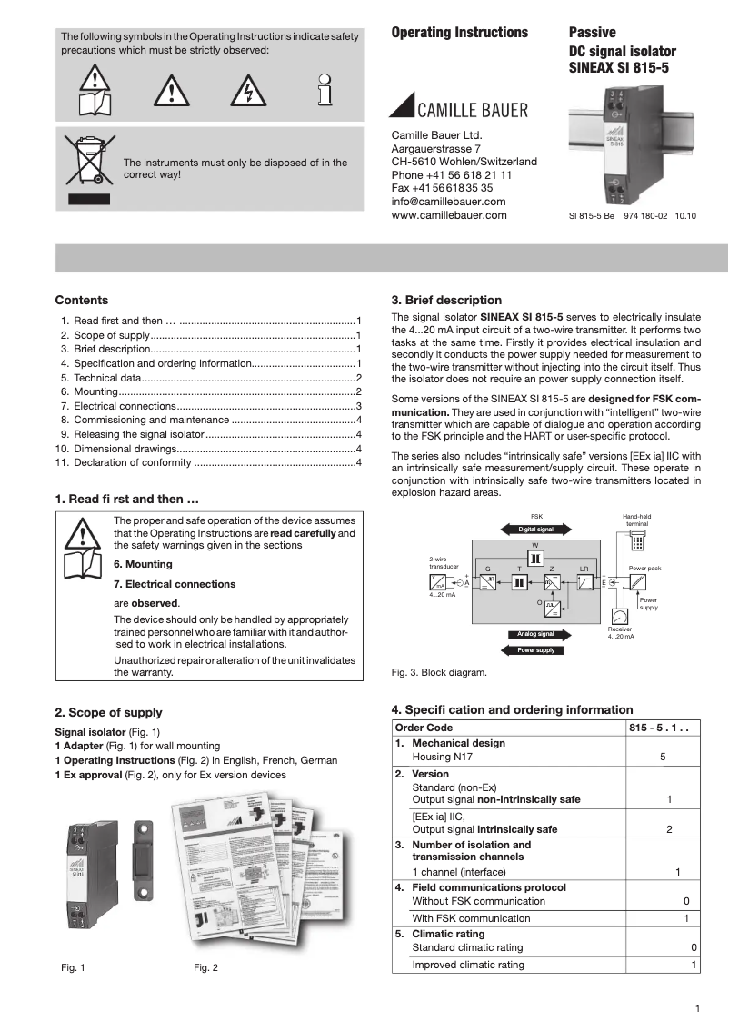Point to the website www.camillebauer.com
[x=448, y=215]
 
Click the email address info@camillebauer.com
[x=448, y=201]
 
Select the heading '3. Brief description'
[x=446, y=300]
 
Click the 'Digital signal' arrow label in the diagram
[x=535, y=529]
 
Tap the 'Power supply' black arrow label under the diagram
[x=535, y=650]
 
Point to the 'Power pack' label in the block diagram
[x=644, y=567]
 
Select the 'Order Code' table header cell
[x=424, y=728]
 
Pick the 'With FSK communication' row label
[x=471, y=918]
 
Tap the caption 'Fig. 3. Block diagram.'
[x=439, y=673]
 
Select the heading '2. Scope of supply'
[x=109, y=713]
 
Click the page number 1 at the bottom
[x=696, y=1008]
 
